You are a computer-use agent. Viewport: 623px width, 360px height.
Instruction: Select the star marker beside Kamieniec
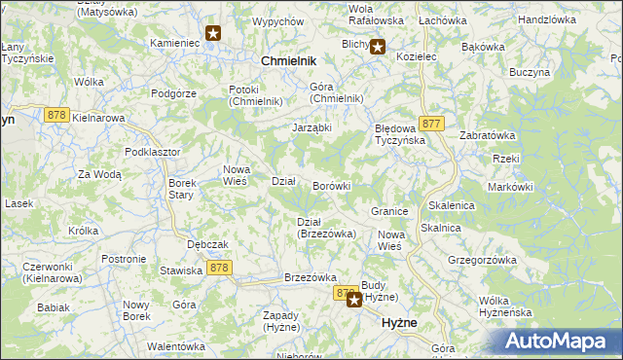coord(213,34)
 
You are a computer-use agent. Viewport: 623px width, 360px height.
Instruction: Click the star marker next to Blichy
coord(378,45)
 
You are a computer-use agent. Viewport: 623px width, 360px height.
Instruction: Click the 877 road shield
coord(433,124)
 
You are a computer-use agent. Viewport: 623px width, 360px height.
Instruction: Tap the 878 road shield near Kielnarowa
coord(55,115)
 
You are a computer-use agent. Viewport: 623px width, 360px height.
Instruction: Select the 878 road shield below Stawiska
coord(219,268)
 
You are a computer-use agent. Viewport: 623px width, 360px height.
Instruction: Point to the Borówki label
coord(331,185)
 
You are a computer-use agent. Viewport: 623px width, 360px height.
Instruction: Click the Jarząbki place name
coord(313,127)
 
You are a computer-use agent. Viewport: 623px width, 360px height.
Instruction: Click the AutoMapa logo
coord(559,342)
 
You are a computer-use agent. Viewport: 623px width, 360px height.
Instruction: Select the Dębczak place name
coord(207,244)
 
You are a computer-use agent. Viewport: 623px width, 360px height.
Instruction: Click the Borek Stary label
coord(183,189)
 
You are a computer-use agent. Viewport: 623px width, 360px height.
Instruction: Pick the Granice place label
coord(388,210)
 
